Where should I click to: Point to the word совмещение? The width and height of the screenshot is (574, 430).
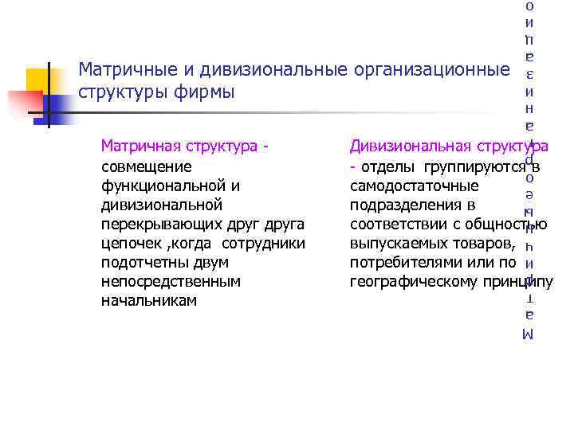point(147,166)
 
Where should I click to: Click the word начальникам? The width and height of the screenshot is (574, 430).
point(148,300)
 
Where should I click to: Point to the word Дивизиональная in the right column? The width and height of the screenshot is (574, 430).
point(406,147)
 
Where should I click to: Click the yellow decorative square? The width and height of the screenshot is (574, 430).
point(38,81)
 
